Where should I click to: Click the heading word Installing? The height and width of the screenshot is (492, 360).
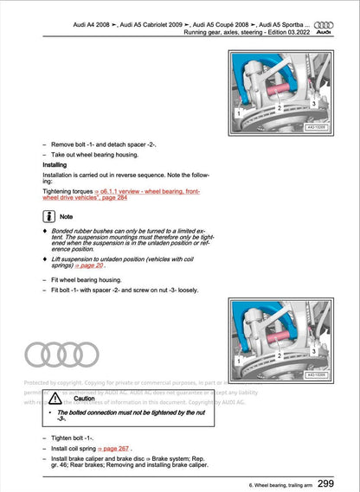click(58, 164)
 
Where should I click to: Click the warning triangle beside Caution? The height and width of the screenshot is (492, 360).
click(65, 399)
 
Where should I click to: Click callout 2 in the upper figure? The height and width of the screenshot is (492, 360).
click(280, 108)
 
